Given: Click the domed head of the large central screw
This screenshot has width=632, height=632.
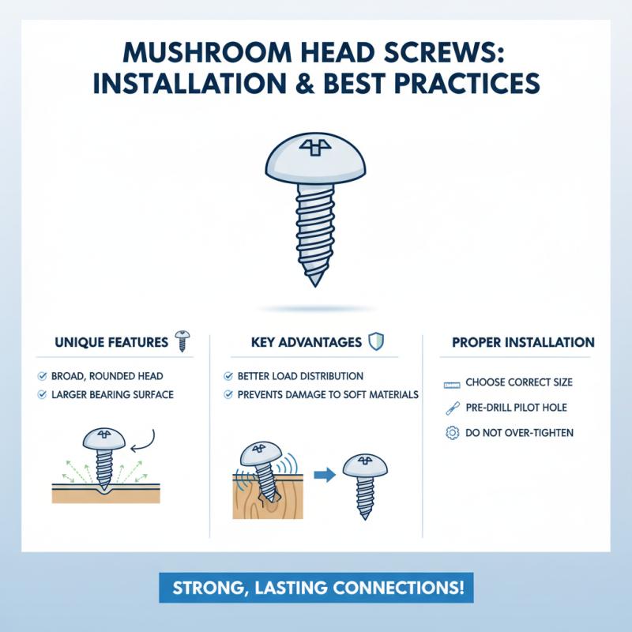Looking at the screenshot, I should pos(315,154).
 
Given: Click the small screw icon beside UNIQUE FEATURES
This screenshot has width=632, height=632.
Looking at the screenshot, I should pos(182,341).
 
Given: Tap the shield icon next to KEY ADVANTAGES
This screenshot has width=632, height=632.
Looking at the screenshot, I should pos(377,342).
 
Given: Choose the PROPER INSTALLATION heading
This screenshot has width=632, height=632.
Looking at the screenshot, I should pos(523,343).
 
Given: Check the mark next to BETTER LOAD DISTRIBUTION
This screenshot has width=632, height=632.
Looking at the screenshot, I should pos(229,376).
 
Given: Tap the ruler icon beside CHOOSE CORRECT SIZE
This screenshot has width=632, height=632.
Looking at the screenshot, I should pos(453,383).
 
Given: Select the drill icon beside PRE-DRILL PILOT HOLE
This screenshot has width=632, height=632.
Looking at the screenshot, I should pos(453,408).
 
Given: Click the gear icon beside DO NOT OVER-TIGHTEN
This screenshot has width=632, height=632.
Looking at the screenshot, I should pos(453,432).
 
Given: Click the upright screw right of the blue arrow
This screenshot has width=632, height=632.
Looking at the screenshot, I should pos(365,482).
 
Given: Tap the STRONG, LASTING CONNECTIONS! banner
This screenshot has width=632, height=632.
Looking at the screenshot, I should pos(315,589).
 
